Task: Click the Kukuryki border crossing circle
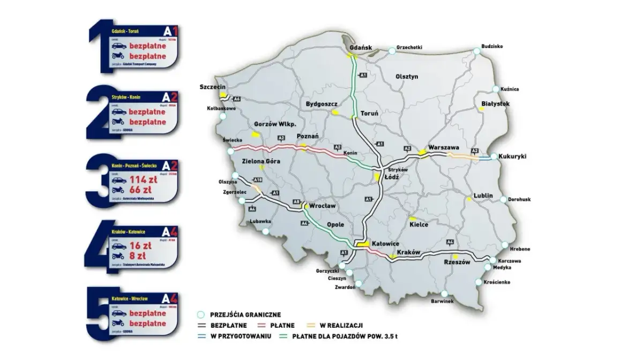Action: point(494,157)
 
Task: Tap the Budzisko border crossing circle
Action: point(477,51)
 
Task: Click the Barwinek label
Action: point(443,301)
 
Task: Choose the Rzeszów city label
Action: point(457,262)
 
